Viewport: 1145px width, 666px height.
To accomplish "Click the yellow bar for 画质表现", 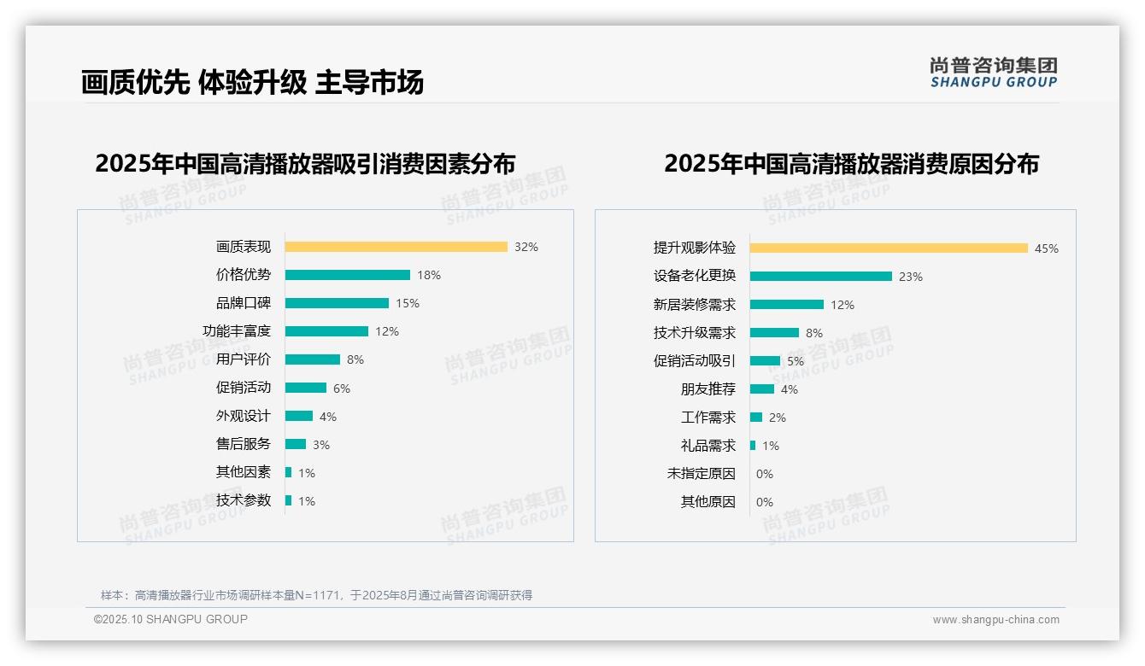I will pos(396,247).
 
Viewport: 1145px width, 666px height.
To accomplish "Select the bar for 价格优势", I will pos(347,275).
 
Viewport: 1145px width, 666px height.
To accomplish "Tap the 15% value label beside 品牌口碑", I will pos(407,303).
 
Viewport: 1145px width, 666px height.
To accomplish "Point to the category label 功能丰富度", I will pos(237,331).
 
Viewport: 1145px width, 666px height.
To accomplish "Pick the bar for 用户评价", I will pos(312,359).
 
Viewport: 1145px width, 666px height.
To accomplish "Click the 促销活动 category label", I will pos(244,388).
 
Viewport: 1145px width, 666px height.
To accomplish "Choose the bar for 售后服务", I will pos(295,444).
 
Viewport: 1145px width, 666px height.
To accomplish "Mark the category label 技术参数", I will pos(244,500).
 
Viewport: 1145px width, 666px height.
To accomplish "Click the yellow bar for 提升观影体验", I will pos(889,248).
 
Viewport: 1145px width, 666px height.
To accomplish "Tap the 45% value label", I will pos(1046,248).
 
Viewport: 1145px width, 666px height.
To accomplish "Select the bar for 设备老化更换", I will pos(820,277).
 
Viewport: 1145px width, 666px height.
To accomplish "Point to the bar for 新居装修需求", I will pos(786,305).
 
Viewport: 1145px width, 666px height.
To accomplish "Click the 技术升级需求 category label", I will pos(694,333).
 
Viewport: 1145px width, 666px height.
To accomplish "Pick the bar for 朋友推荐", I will pos(761,389).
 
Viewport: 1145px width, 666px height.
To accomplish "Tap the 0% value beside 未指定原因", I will pos(764,474).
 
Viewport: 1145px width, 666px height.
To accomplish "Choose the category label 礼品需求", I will pos(708,446).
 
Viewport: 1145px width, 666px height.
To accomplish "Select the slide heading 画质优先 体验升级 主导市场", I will pos(252,82).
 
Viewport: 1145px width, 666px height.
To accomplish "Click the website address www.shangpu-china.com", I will pos(995,620).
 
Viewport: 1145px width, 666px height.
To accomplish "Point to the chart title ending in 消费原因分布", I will pos(851,163).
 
